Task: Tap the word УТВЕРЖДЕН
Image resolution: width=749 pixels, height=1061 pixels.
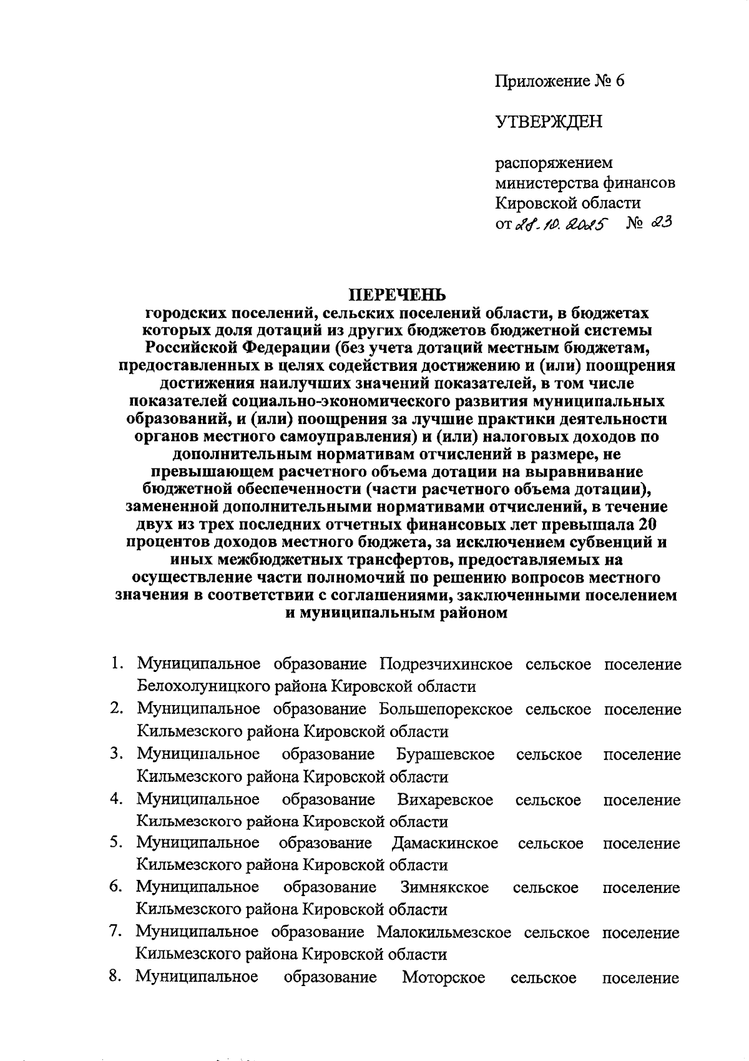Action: coord(549,121)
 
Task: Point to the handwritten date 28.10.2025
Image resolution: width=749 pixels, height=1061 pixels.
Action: coord(565,224)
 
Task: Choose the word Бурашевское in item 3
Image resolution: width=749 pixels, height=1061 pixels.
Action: coord(446,754)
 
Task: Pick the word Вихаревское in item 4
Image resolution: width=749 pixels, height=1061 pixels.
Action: coord(445,800)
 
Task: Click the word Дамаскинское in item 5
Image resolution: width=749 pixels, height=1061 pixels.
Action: coord(445,844)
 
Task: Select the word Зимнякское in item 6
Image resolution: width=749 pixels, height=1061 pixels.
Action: coord(444,887)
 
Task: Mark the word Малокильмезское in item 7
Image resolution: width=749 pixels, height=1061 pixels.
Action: coord(444,932)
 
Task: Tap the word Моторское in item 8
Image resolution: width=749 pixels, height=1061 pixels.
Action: coord(443,977)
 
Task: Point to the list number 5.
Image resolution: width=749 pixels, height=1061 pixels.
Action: coord(115,843)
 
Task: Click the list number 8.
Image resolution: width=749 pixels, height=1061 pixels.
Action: coord(115,977)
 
